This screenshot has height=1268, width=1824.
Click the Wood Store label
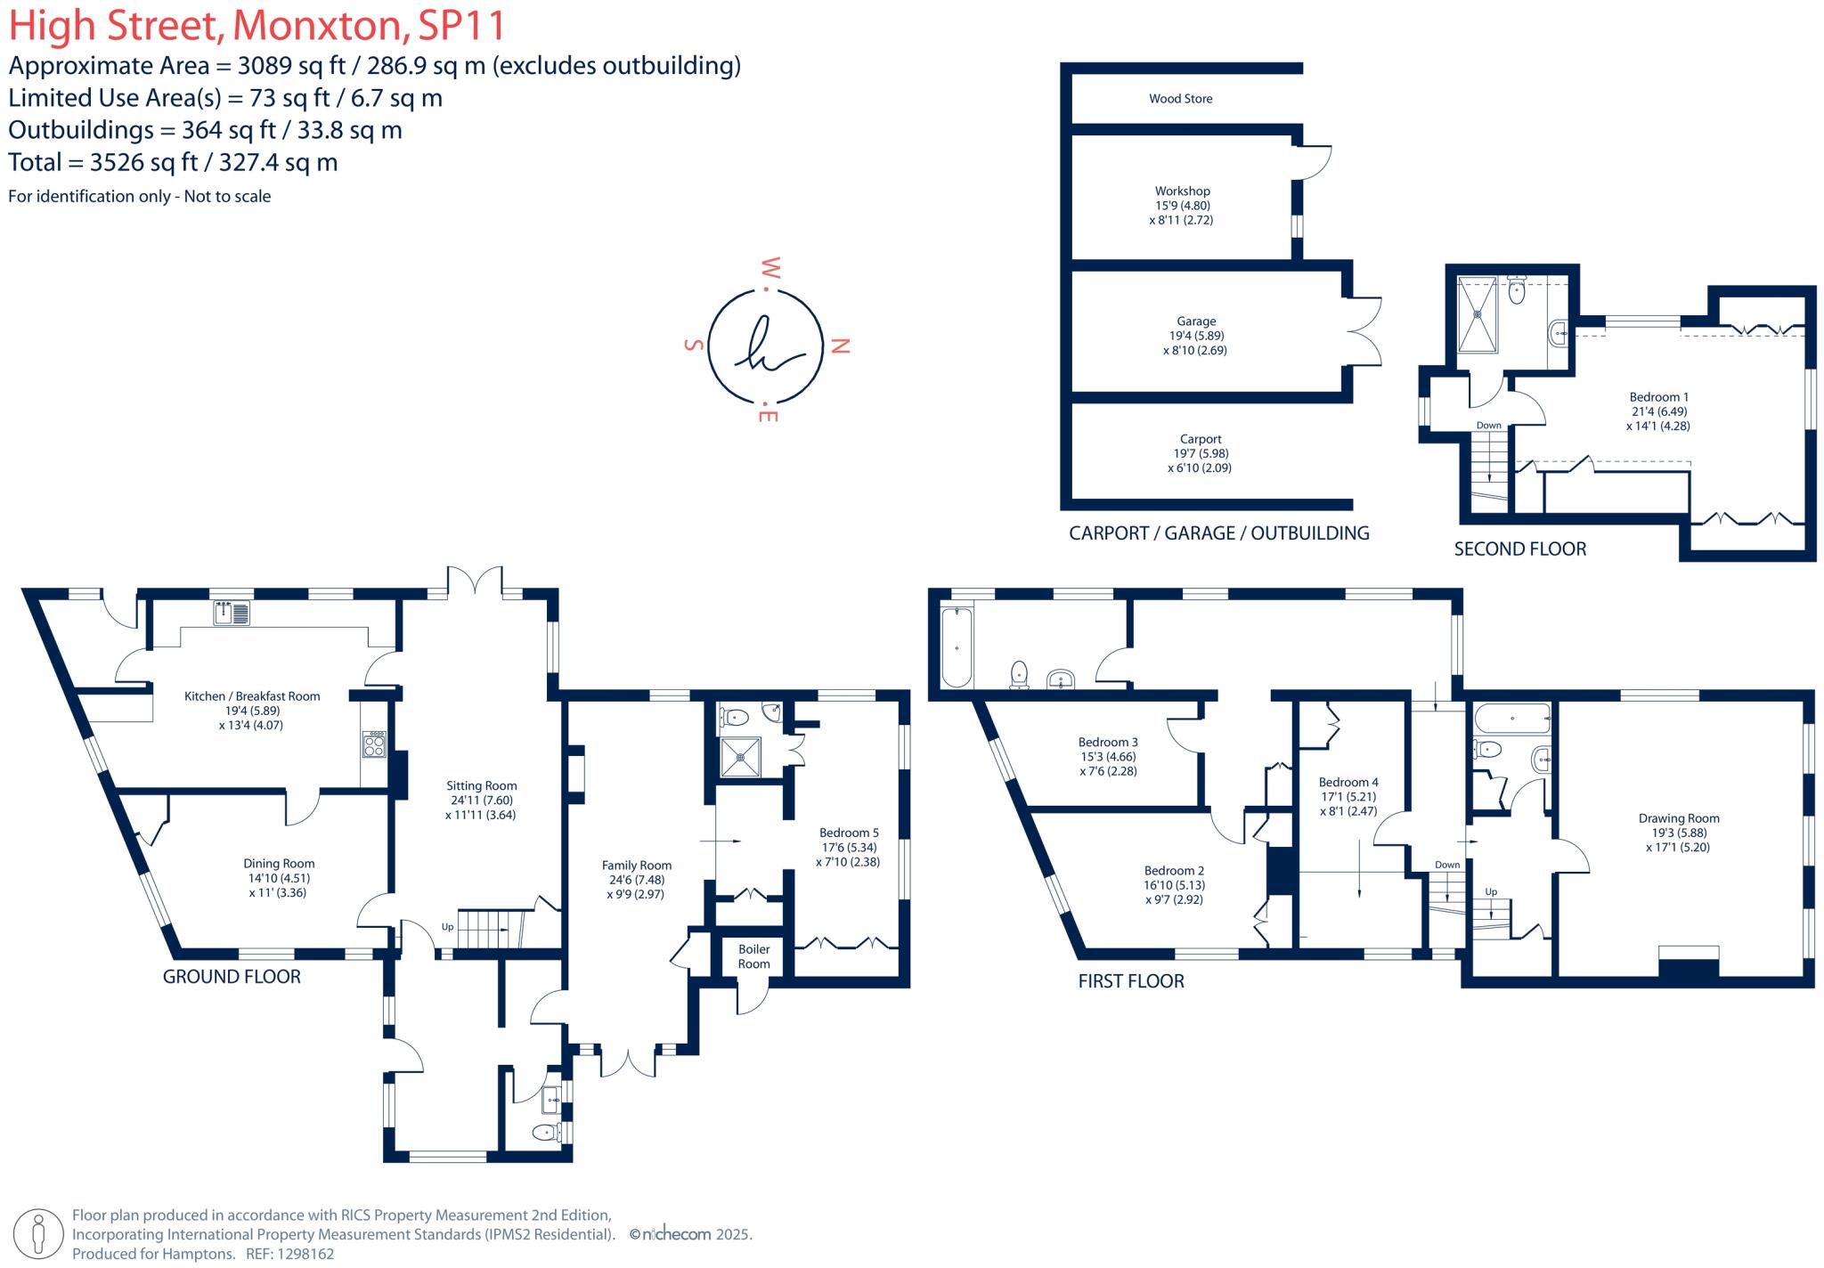(x=1180, y=99)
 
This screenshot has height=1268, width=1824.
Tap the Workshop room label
(x=1182, y=191)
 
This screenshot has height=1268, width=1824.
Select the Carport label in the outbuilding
(x=1200, y=439)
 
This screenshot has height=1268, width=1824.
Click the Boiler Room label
(x=753, y=956)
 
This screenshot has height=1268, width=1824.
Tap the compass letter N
(x=839, y=346)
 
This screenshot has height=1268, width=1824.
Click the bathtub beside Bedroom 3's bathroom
(x=957, y=647)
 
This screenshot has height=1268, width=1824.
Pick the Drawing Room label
(x=1679, y=818)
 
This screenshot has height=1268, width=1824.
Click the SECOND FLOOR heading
(x=1519, y=549)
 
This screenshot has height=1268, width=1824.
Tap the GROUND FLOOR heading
(x=232, y=977)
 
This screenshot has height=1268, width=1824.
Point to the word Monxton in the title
(x=317, y=26)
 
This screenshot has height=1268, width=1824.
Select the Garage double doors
(x=1364, y=330)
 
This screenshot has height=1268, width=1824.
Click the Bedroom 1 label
(x=1658, y=397)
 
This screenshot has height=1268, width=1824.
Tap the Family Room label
(x=636, y=865)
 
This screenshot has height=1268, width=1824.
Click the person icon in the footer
(x=38, y=1235)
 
